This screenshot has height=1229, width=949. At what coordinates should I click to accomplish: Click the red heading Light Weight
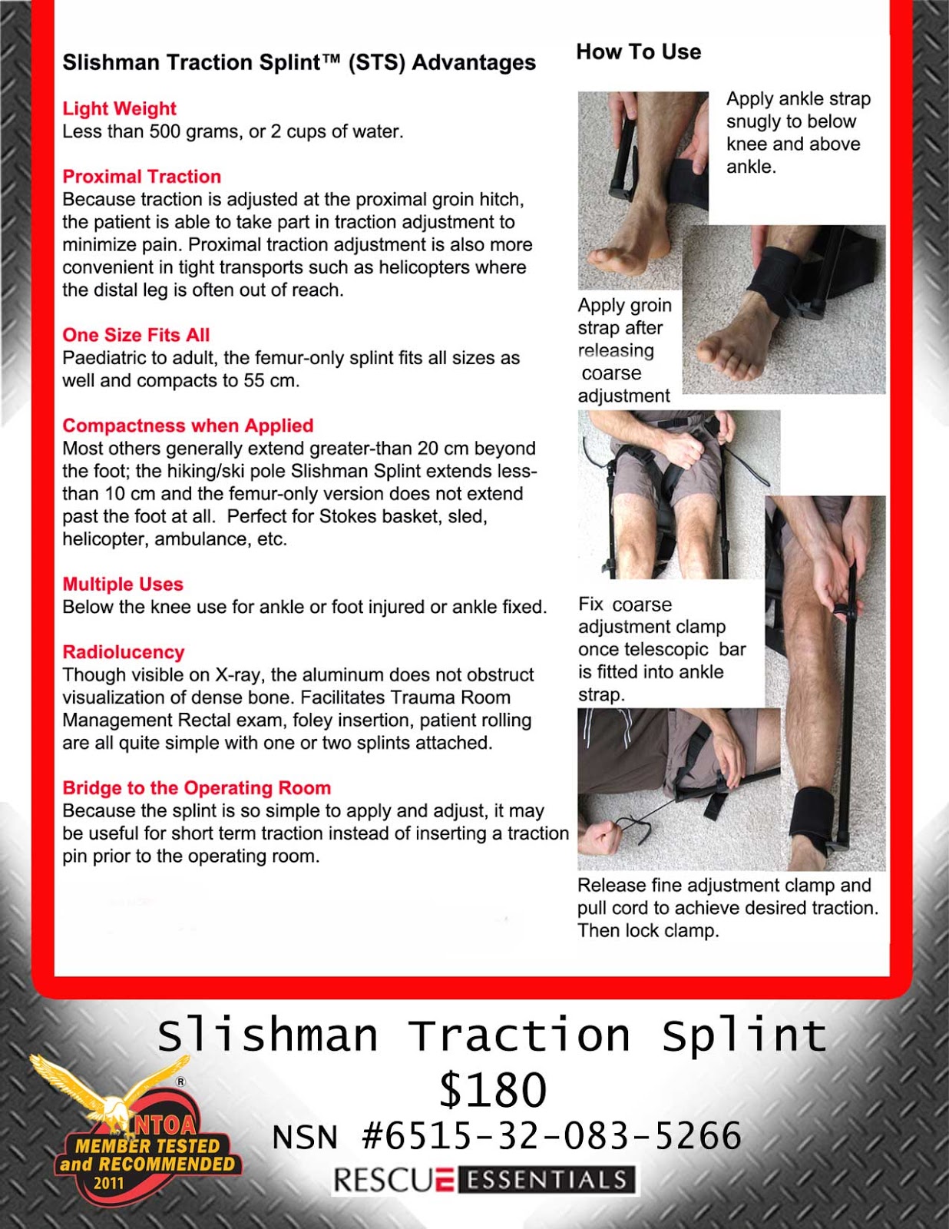point(119,108)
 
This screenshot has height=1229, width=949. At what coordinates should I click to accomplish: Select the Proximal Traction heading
point(141,177)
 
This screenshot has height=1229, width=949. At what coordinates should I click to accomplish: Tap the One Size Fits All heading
point(136,335)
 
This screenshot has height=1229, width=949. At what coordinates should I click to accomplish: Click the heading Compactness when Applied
point(187,426)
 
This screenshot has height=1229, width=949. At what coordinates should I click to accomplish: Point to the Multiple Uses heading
point(123,585)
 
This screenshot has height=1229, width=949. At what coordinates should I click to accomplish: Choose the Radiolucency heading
point(123,652)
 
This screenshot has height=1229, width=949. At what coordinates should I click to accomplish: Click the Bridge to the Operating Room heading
point(197,788)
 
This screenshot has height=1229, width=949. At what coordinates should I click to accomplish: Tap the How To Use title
point(638,52)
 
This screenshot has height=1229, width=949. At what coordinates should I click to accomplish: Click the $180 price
point(492,1090)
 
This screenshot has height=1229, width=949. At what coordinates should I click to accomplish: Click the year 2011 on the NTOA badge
point(108,1183)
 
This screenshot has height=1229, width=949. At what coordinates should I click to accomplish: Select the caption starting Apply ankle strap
point(798,132)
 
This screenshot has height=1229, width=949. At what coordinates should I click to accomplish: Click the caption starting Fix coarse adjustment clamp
point(661,650)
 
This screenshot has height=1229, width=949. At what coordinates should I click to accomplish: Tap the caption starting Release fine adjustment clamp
point(727,908)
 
